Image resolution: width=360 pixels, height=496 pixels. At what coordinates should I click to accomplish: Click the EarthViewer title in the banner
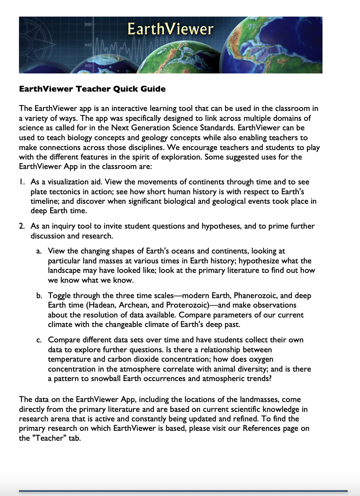pos(170,29)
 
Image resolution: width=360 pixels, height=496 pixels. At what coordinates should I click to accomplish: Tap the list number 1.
pos(22,182)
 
